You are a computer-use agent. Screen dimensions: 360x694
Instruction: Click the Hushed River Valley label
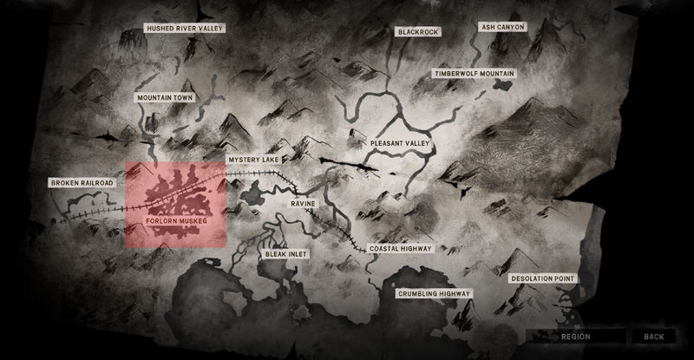[x=186, y=29]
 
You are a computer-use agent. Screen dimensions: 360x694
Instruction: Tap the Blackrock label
[x=418, y=32]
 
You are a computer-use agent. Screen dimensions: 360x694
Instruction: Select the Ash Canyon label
[x=503, y=27]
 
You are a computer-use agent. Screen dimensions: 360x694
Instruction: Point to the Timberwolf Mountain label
[x=475, y=75]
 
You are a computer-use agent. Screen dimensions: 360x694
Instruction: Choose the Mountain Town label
[x=164, y=98]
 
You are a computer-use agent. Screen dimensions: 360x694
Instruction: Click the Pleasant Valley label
[x=400, y=142]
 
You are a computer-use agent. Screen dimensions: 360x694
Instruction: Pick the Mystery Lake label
[x=253, y=160]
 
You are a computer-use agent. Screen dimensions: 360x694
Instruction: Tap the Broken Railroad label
[x=82, y=183]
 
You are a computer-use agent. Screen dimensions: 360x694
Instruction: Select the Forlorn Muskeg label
[x=176, y=220]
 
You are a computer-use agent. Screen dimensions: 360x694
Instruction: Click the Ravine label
[x=304, y=203]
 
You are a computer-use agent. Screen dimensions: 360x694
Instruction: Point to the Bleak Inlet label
[x=285, y=254]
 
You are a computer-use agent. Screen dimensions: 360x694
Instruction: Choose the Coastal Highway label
[x=400, y=249]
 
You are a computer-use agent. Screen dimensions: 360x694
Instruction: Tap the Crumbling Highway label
[x=434, y=294]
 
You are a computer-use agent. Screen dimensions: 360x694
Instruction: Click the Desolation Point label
[x=542, y=278]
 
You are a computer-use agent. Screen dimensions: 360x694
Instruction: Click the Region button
[x=576, y=337]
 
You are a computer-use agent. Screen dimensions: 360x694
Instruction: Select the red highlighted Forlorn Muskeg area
[x=175, y=195]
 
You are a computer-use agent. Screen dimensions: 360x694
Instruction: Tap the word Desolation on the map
[x=531, y=278]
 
